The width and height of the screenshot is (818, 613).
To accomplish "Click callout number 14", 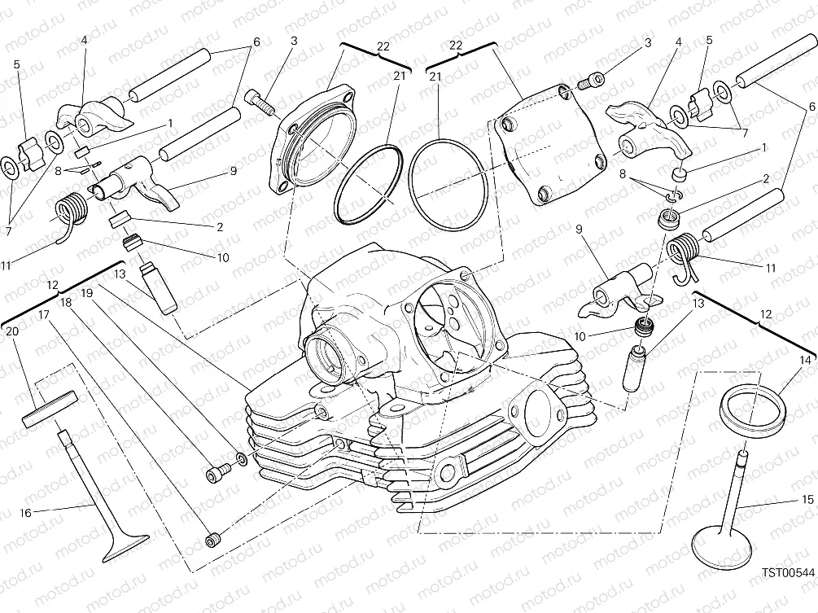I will pyautogui.click(x=804, y=359).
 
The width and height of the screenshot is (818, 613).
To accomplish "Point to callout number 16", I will pyautogui.click(x=25, y=512).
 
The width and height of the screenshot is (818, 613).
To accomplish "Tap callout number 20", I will pyautogui.click(x=11, y=331).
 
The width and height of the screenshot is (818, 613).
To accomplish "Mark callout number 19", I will pyautogui.click(x=86, y=291).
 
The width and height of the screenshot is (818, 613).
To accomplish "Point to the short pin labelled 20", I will pyautogui.click(x=50, y=406).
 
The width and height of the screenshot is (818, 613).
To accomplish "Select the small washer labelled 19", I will pyautogui.click(x=241, y=461).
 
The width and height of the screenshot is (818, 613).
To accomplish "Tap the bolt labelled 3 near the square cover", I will pyautogui.click(x=590, y=80).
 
